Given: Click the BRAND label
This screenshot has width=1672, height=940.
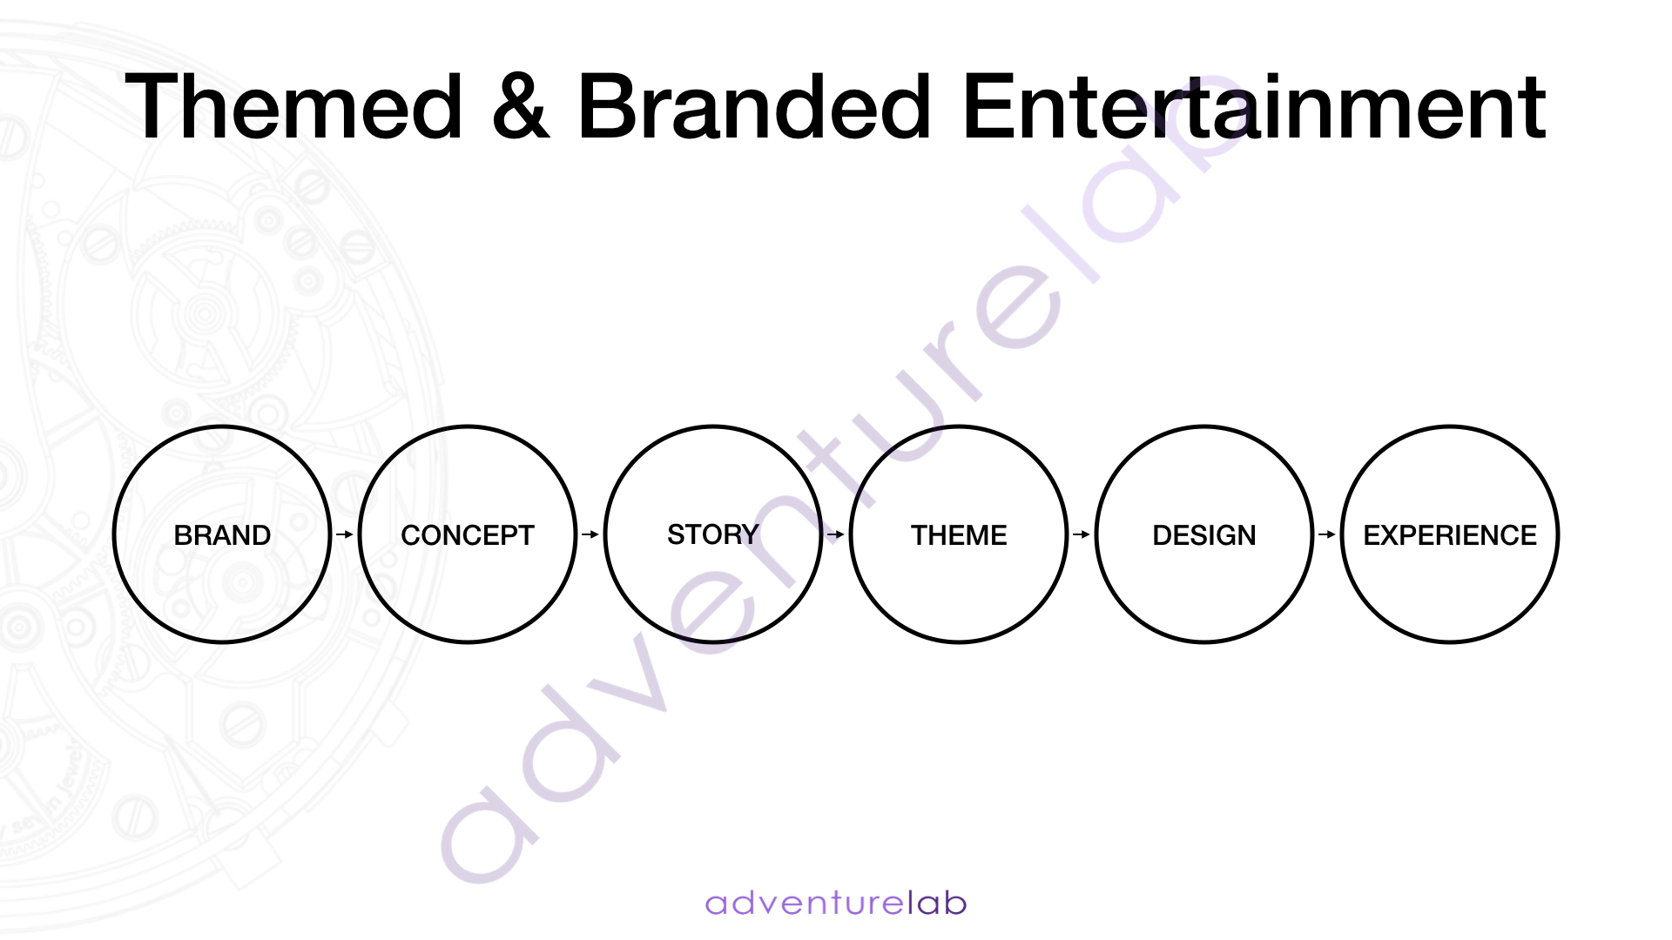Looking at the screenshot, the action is pyautogui.click(x=222, y=535).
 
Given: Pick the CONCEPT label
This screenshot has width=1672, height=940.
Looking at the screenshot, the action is pyautogui.click(x=468, y=535).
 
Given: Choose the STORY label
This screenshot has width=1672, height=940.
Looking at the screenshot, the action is pyautogui.click(x=713, y=534).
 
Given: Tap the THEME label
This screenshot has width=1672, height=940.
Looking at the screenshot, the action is pyautogui.click(x=959, y=535).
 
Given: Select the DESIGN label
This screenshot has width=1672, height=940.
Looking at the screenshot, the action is pyautogui.click(x=1204, y=535).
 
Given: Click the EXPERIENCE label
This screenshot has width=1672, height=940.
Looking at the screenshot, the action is pyautogui.click(x=1450, y=535).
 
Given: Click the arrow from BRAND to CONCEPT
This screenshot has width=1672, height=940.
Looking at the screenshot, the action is pyautogui.click(x=345, y=534).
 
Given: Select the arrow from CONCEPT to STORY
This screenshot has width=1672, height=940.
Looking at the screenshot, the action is pyautogui.click(x=590, y=534).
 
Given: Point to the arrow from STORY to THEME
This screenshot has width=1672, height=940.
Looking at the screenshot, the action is pyautogui.click(x=836, y=534).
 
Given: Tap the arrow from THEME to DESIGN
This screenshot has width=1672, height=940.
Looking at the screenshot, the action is pyautogui.click(x=1082, y=534).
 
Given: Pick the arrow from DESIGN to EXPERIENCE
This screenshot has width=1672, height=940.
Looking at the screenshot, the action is pyautogui.click(x=1327, y=534).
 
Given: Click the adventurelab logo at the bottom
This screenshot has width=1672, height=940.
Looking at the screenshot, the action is pyautogui.click(x=836, y=903).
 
